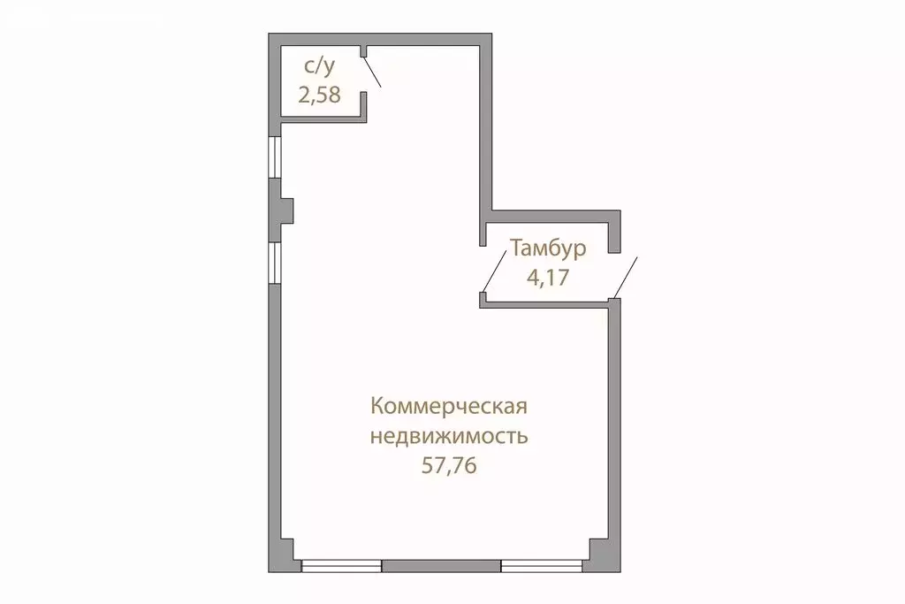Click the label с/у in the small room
(x=319, y=66)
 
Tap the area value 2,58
(x=319, y=95)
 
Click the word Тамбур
(x=547, y=248)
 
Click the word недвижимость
(x=449, y=436)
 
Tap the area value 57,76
(x=449, y=465)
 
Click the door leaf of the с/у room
(x=373, y=71)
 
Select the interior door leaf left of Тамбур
(x=497, y=269)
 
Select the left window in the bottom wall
(x=341, y=566)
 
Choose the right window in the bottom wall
(x=542, y=566)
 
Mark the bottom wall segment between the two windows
(x=441, y=566)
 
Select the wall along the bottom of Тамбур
(x=546, y=303)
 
